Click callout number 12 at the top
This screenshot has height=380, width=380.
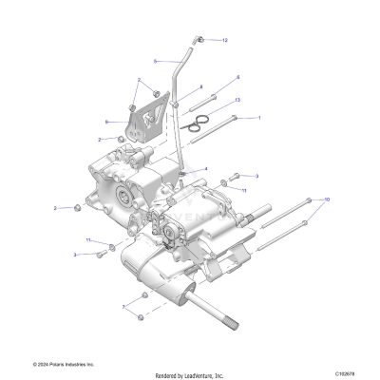(226, 41)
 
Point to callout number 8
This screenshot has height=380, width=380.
(201, 86)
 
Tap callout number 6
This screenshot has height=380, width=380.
(237, 77)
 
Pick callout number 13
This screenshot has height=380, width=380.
(237, 99)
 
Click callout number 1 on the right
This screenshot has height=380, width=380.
(259, 118)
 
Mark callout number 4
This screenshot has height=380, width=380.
(205, 169)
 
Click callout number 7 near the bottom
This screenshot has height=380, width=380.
(123, 308)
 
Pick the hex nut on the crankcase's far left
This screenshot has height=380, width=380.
(70, 208)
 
